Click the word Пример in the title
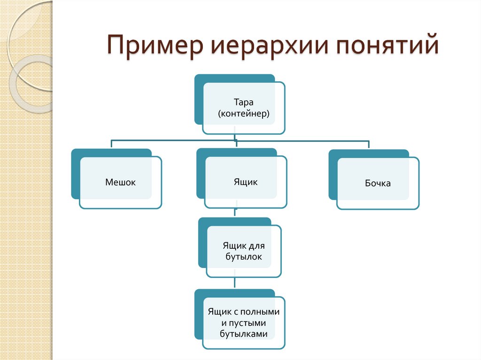[155, 46]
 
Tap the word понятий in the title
[388, 45]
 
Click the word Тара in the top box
[244, 102]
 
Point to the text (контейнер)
[244, 114]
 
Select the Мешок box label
[120, 182]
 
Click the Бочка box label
[378, 183]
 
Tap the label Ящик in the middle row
[245, 182]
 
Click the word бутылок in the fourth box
[244, 257]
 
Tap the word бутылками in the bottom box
[244, 334]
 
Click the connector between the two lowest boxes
[235, 283]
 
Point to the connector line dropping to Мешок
[111, 144]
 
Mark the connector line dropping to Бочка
[369, 145]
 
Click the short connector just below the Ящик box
[235, 212]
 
